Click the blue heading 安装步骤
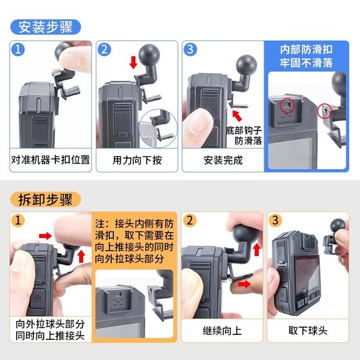coord(46,27)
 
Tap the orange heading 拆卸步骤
coord(46,199)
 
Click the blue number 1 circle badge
coord(18,50)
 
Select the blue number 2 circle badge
coord(104,50)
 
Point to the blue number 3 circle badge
coord(190,50)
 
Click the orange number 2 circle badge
coord(190,221)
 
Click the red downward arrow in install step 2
coord(134,62)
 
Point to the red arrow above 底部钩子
coord(237,116)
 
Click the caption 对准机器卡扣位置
coord(51,160)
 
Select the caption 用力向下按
coord(137,160)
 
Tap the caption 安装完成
coord(223,160)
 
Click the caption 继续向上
coord(222,331)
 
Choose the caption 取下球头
coord(308,331)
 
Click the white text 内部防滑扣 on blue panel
coord(306,50)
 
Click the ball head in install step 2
coord(150,55)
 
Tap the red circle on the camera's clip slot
coord(287,105)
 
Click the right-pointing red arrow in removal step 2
coord(244,284)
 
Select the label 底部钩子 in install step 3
coord(244,130)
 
